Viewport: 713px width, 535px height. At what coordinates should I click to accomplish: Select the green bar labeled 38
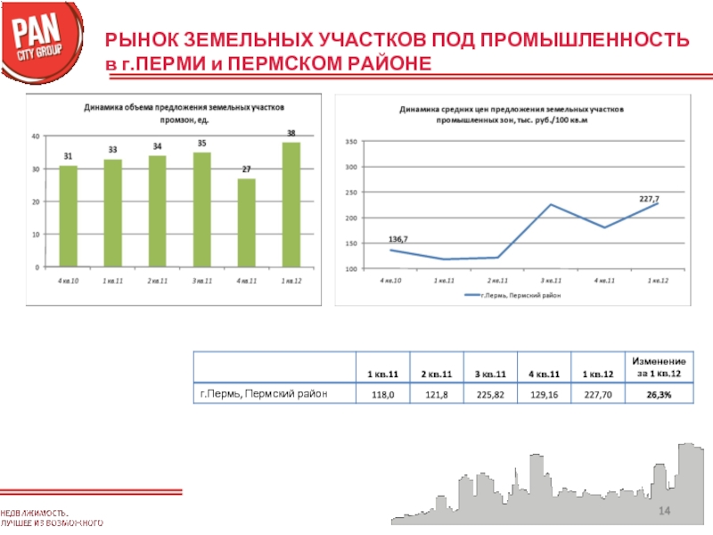[x=291, y=204]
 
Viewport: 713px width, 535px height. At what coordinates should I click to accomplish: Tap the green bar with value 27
[x=247, y=222]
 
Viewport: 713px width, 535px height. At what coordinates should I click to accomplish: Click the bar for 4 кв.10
[x=69, y=216]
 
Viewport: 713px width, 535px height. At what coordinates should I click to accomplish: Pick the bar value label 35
[x=202, y=144]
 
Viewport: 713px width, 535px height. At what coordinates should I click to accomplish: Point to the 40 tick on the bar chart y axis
[x=35, y=136]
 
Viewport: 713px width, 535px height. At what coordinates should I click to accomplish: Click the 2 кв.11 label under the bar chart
[x=158, y=281]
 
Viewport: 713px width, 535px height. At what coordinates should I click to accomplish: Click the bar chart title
[x=184, y=111]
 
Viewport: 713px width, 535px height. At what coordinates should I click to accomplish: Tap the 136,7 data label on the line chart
[x=398, y=239]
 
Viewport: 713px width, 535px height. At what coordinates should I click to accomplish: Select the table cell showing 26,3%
[x=660, y=393]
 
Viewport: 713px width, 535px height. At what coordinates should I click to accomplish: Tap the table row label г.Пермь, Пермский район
[x=264, y=393]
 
